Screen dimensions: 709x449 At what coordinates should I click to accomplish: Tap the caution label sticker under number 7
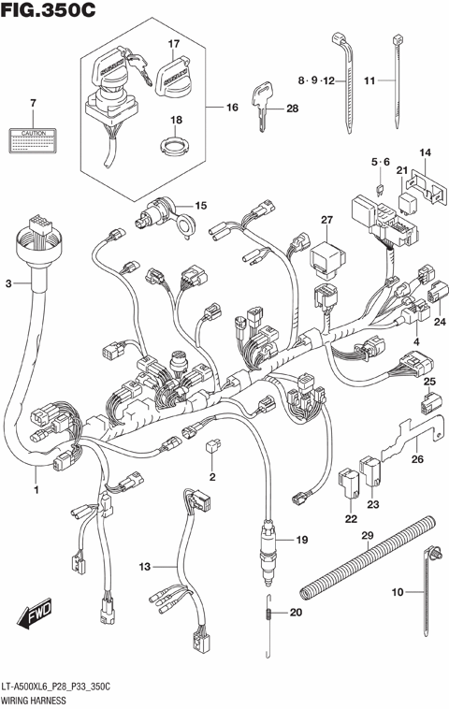(33, 140)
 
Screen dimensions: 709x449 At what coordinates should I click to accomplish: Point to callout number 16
(232, 108)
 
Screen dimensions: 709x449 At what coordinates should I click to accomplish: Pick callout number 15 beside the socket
(201, 205)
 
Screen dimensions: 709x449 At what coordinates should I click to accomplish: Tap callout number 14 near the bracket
(424, 153)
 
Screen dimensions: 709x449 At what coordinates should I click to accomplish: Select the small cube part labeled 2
(211, 450)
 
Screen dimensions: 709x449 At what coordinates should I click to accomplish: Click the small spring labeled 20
(269, 613)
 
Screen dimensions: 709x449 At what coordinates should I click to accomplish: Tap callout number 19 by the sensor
(301, 540)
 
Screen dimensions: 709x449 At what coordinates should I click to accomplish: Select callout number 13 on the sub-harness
(145, 567)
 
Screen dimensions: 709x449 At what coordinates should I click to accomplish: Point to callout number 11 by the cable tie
(369, 81)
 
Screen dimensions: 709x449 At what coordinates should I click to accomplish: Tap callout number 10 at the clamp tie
(396, 591)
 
